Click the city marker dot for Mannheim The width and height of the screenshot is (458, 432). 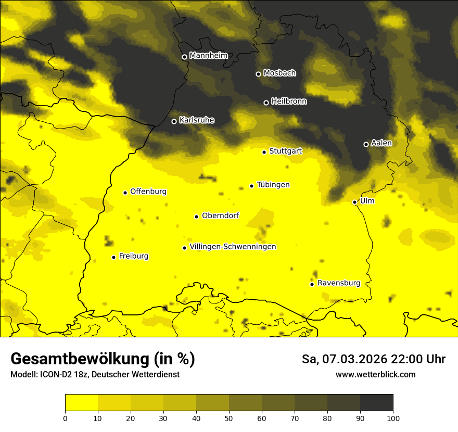[184, 57]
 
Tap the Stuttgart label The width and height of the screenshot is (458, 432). [285, 151]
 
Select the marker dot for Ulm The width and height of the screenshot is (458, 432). [355, 202]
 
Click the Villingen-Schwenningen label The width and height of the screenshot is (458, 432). [233, 247]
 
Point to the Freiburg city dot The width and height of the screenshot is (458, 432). [113, 257]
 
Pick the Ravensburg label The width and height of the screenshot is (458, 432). [338, 283]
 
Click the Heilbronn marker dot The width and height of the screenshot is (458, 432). [266, 103]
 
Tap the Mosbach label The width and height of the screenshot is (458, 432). [279, 73]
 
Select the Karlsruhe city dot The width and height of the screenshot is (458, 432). [174, 121]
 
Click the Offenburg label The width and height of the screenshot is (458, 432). [148, 192]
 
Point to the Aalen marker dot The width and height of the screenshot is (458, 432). [366, 144]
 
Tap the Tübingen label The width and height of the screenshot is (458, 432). [273, 185]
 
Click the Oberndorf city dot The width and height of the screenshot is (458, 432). [196, 217]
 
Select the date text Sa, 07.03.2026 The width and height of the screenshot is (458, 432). [344, 359]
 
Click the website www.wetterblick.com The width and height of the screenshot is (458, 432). [375, 374]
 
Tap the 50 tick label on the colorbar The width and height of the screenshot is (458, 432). [229, 418]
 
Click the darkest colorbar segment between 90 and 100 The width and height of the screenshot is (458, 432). [376, 403]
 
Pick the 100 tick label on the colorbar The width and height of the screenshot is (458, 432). [393, 418]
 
